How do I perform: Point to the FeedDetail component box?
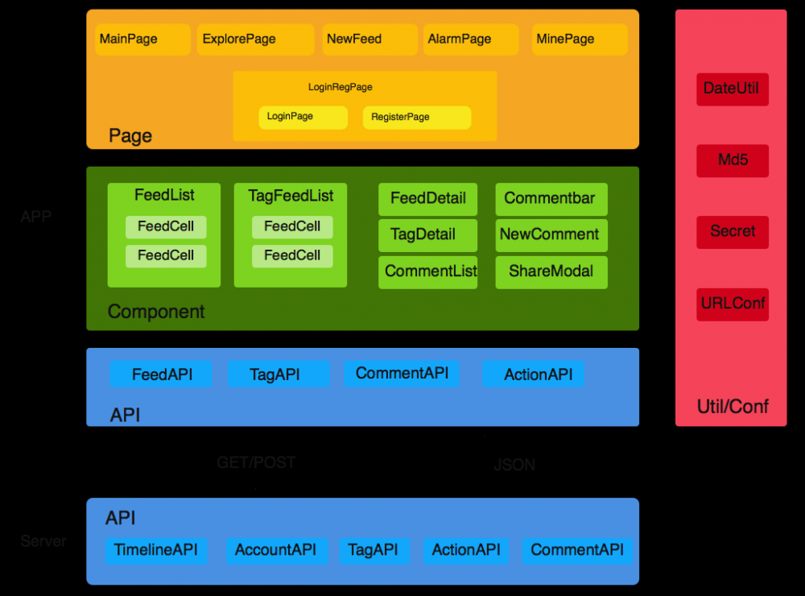(x=428, y=199)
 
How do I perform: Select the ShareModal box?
(x=551, y=272)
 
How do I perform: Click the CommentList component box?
(x=428, y=272)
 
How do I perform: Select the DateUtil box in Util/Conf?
(x=733, y=89)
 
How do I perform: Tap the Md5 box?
(x=733, y=160)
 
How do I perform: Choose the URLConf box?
(x=733, y=304)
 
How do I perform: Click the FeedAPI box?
(x=161, y=375)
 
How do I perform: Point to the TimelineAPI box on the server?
(x=156, y=551)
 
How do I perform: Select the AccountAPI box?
(x=276, y=551)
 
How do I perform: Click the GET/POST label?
(x=256, y=463)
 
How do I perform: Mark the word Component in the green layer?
(x=156, y=312)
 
